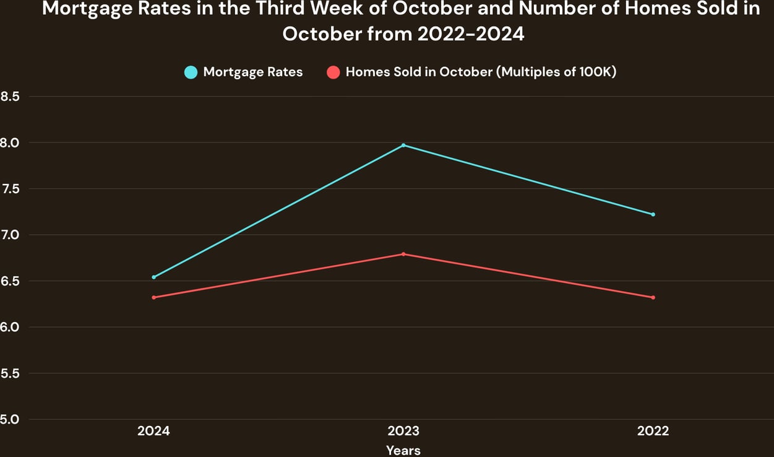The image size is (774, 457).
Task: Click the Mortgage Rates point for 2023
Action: point(403,145)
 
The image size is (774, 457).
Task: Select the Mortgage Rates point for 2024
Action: point(153,277)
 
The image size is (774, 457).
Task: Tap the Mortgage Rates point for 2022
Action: point(653,214)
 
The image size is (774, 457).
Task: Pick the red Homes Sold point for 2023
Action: point(403,254)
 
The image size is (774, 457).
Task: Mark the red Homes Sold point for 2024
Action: point(153,297)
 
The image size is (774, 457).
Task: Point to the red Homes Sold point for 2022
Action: point(653,297)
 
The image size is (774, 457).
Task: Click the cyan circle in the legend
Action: point(191,72)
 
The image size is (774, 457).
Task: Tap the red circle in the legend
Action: point(333,72)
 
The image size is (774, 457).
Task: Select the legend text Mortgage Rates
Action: point(253,72)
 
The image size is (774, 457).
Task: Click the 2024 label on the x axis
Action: point(153,431)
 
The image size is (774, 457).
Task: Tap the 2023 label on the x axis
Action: point(403,431)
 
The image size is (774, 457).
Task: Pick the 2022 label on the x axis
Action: point(653,431)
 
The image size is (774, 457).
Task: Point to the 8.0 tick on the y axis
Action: point(11,142)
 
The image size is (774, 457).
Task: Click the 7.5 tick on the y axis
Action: point(11,188)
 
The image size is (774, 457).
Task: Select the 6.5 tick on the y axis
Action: point(11,281)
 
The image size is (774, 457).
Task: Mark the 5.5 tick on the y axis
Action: point(11,373)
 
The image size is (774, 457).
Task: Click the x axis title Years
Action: point(403,450)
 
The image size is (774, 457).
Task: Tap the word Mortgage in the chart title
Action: point(91,11)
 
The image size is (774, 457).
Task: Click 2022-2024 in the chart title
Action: point(471,33)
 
